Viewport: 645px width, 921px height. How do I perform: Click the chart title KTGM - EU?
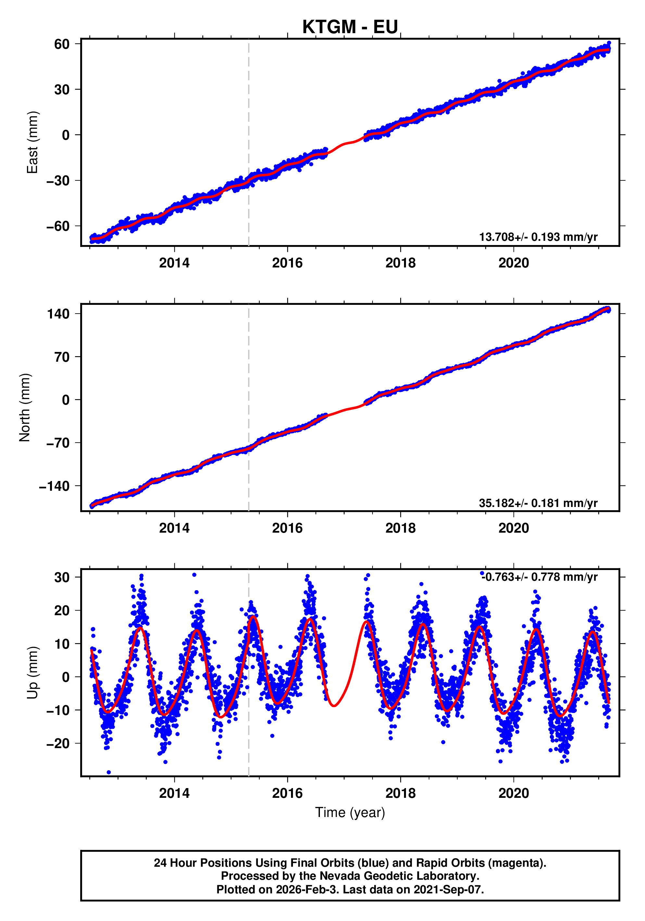coord(350,27)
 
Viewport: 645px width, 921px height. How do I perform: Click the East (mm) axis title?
coord(32,142)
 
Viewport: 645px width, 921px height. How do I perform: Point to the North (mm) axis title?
coord(25,408)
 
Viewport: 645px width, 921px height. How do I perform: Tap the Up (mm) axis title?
coord(32,673)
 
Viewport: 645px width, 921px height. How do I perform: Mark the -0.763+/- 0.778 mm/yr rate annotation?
coord(539,577)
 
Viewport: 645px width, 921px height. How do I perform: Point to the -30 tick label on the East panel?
coord(58,180)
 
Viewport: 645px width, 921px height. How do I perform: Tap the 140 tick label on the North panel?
coord(58,314)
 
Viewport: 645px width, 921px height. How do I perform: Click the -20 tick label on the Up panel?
coord(58,743)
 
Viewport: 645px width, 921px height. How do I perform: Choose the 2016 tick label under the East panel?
coord(287,263)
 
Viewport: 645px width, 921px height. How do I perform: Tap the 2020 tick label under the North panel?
coord(513,528)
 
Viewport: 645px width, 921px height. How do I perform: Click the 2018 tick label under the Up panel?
coord(400,793)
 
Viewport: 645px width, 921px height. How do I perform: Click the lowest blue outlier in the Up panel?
coord(108,772)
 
